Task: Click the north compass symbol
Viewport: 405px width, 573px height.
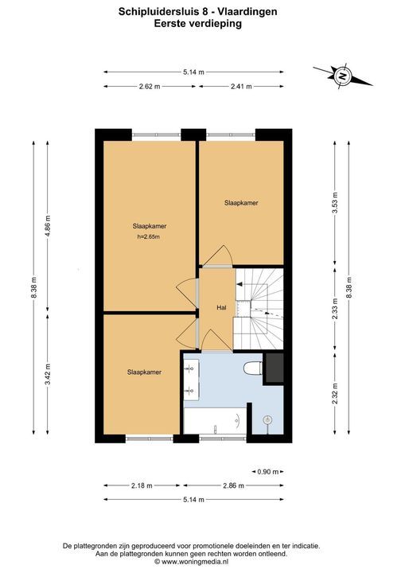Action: point(342,76)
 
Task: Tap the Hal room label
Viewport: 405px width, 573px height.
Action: point(221,308)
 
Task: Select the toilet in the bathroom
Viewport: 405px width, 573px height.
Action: point(252,368)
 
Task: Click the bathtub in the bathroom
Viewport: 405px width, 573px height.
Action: point(215,421)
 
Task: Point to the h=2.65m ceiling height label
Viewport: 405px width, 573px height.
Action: point(149,237)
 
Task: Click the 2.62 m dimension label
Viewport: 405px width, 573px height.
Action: point(150,87)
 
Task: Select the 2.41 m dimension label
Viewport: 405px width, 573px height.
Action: point(242,87)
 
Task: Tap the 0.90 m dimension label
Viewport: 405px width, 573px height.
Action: point(268,472)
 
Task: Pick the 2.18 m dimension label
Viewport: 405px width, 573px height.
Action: point(142,485)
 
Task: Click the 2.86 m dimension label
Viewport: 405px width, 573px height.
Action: point(233,485)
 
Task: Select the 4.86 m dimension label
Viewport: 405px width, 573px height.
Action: point(48,226)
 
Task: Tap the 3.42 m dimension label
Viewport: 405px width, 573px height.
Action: point(48,374)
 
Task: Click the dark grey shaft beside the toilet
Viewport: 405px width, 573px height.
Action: point(274,368)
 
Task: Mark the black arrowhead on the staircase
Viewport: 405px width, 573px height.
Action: point(239,284)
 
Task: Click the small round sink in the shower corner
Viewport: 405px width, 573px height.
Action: point(268,420)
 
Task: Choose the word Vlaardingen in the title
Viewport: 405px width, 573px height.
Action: point(247,12)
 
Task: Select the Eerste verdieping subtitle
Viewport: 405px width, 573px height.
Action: point(198,24)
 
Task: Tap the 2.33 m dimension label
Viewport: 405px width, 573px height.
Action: point(335,309)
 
